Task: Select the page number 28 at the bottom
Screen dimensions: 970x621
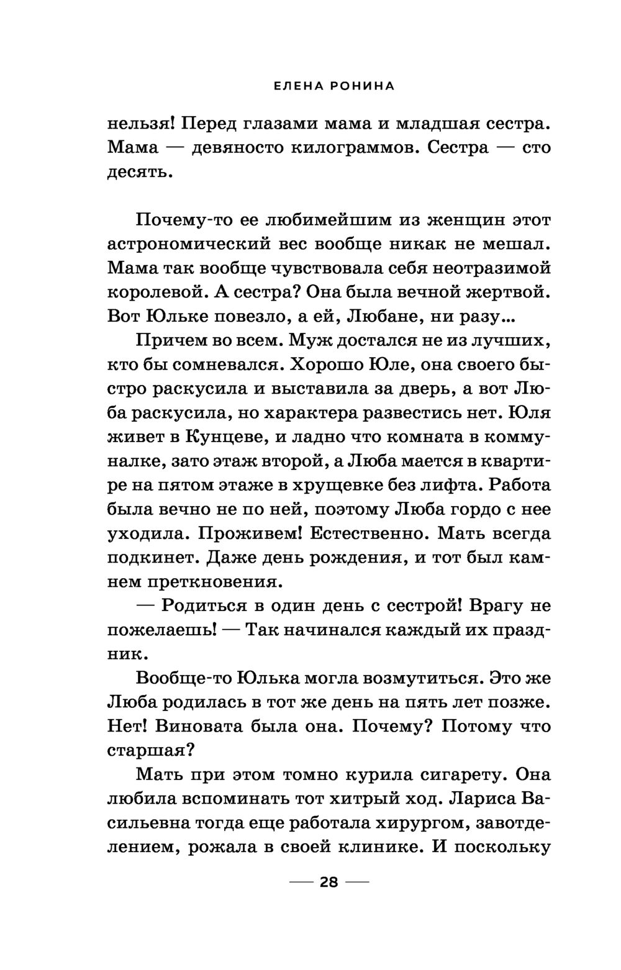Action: [x=327, y=882]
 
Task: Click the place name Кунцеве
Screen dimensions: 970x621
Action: [x=224, y=437]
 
